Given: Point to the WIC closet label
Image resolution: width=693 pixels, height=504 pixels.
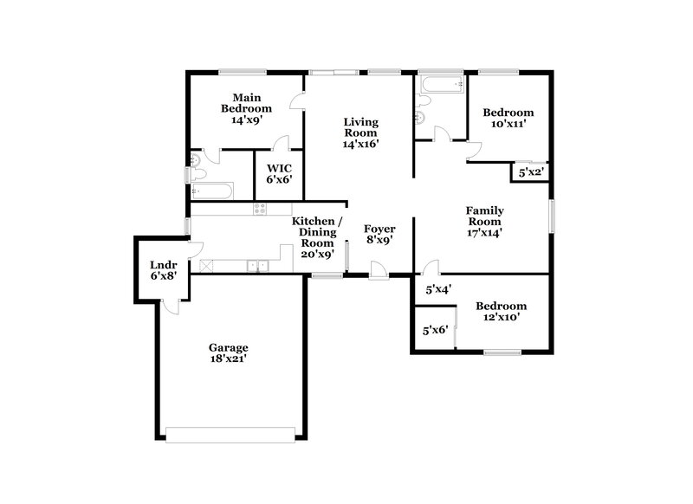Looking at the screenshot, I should tap(279, 173).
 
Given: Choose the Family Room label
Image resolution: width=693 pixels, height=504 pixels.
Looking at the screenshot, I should tap(485, 221).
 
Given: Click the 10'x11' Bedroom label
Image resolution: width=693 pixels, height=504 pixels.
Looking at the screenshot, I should tap(508, 118).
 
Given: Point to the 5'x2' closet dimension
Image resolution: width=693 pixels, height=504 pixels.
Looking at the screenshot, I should tap(530, 173).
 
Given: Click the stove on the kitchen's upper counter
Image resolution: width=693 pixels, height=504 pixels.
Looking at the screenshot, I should tap(259, 209).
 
